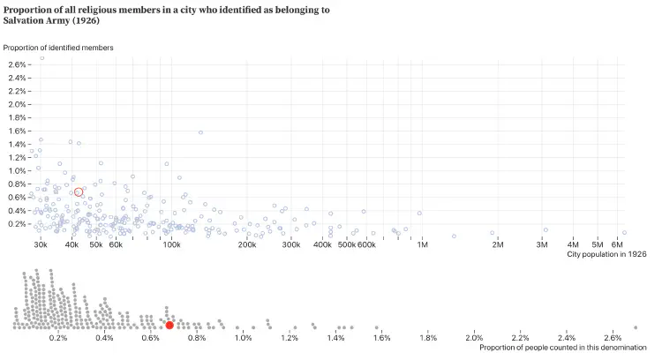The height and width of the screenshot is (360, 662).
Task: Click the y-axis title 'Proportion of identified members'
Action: tap(58, 47)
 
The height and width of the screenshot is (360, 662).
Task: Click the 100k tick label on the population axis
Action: tap(172, 244)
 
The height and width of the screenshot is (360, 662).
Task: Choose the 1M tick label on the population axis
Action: tap(423, 244)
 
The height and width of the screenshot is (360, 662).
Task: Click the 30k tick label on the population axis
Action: tap(41, 244)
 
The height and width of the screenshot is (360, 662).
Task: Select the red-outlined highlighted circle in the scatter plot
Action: tap(79, 191)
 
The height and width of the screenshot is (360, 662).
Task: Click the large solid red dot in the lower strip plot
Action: tap(169, 326)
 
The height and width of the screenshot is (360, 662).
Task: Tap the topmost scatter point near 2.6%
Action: tap(41, 58)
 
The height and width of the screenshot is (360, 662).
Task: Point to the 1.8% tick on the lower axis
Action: tap(428, 338)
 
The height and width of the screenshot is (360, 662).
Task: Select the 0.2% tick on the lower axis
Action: tap(58, 338)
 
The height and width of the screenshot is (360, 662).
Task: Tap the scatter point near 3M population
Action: tap(545, 229)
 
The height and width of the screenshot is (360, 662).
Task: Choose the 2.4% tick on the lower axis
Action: tap(567, 338)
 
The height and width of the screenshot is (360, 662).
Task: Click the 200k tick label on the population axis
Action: tap(247, 244)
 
